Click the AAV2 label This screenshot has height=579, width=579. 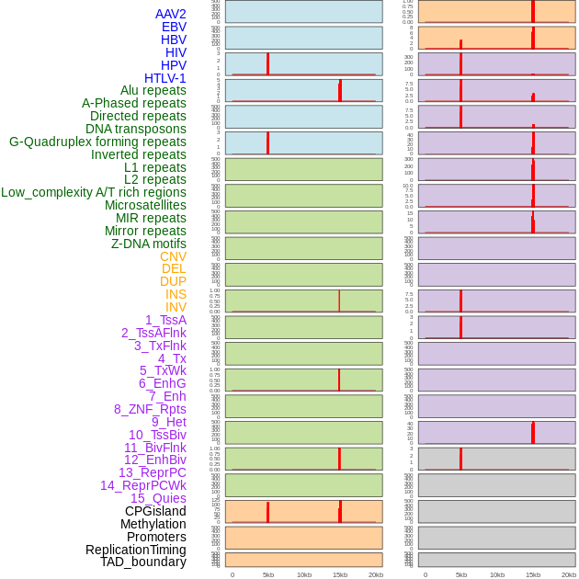(x=171, y=14)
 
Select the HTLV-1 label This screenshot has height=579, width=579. (x=165, y=78)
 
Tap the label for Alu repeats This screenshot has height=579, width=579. (x=153, y=90)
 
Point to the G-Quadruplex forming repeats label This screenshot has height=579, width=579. (x=97, y=142)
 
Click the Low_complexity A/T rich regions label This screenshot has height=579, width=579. (x=94, y=192)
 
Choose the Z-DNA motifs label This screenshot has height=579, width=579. (x=149, y=244)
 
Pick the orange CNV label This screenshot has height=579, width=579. (x=173, y=256)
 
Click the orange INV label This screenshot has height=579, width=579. (x=176, y=307)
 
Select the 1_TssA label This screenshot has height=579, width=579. (x=165, y=320)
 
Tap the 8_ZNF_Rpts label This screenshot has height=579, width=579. (x=150, y=409)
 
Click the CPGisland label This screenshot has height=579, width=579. (x=155, y=511)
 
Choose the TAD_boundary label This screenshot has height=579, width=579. (x=143, y=562)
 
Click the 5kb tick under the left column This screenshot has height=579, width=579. (x=268, y=574)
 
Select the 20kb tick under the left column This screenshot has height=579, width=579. (x=376, y=574)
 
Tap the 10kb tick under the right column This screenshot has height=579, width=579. (x=497, y=574)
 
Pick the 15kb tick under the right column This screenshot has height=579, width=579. (x=533, y=574)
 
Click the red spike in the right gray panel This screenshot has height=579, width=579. (x=461, y=458)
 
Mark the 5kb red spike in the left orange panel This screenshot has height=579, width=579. (x=268, y=512)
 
